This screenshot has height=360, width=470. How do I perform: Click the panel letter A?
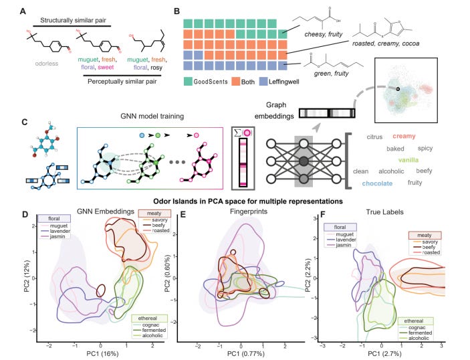[25, 11]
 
